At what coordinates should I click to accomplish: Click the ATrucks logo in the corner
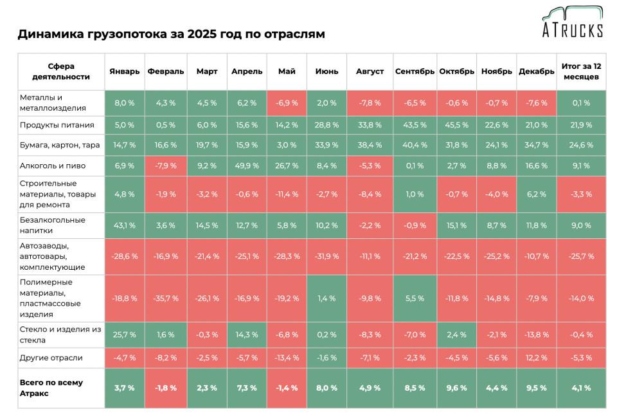[571, 23]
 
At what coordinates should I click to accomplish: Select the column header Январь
[124, 71]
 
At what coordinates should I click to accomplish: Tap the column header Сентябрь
[415, 71]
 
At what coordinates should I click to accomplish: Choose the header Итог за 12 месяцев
[580, 71]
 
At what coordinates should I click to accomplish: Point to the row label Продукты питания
[57, 125]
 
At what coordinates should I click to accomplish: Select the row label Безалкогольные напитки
[53, 225]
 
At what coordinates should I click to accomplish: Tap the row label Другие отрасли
[51, 358]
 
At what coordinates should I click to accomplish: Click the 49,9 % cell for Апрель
[247, 165]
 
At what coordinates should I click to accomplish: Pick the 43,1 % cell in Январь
[124, 225]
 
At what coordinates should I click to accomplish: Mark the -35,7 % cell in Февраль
[165, 298]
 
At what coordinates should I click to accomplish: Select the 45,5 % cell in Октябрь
[456, 125]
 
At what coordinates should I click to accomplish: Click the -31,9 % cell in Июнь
[326, 257]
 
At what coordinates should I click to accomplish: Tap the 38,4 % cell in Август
[370, 146]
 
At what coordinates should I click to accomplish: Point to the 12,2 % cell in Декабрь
[536, 358]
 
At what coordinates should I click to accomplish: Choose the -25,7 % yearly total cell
[580, 257]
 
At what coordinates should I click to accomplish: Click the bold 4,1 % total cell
[580, 388]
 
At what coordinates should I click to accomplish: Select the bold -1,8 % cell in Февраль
[165, 388]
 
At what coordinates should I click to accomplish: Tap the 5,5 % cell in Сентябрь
[415, 298]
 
